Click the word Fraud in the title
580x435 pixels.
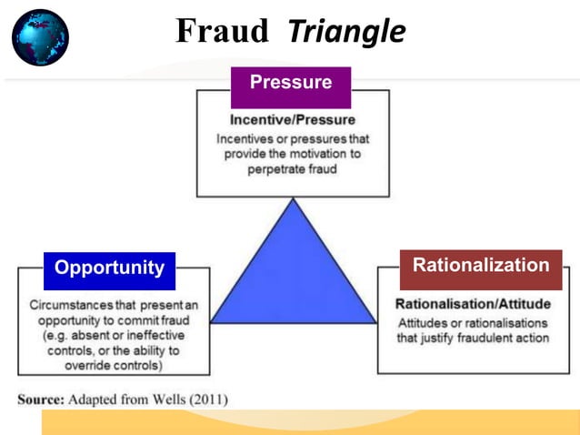click(222, 32)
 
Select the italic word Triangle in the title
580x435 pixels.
click(345, 32)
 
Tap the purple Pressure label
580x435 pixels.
click(291, 83)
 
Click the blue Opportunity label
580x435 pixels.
click(109, 268)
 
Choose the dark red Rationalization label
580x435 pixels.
click(481, 266)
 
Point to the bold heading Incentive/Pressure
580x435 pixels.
click(293, 120)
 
